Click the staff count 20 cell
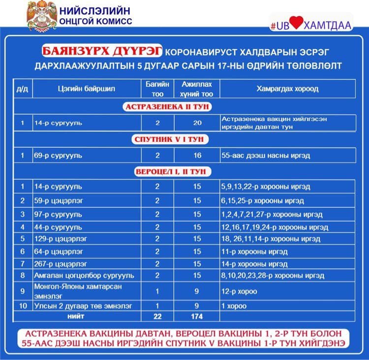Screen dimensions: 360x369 tap(197, 123)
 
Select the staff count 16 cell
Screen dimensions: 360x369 tap(197, 155)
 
